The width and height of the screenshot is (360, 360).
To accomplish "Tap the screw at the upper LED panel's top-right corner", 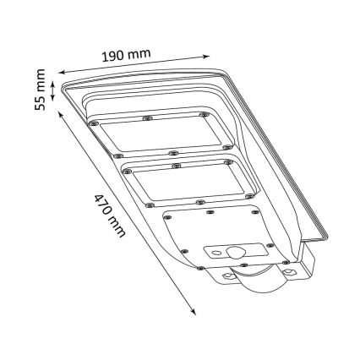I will coord(203,113).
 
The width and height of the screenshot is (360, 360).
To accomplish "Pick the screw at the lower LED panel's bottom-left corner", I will coord(149,205).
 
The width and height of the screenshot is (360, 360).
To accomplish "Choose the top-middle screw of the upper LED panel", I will coord(146,117).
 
